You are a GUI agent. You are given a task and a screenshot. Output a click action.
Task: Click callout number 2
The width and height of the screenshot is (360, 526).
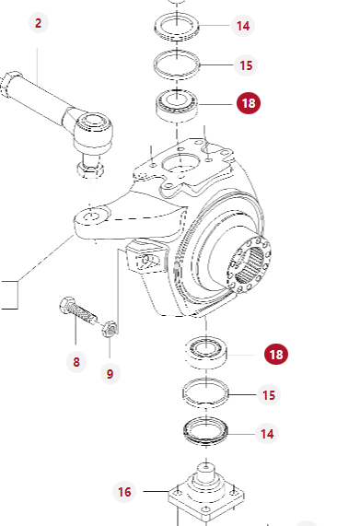coord(39,23)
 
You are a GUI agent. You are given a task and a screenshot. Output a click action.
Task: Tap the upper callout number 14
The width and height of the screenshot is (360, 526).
coord(243,26)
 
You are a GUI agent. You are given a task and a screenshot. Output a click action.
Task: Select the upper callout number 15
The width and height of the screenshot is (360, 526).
coord(246,65)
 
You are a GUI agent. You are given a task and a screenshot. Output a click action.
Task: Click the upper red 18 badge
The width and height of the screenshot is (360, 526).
coord(249,103)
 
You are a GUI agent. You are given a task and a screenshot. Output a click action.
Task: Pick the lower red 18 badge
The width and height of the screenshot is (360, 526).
coord(276,355)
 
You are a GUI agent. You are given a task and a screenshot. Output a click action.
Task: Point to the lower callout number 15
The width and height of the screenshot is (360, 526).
coord(269,395)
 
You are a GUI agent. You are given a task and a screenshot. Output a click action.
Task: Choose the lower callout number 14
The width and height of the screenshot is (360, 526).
coord(267,434)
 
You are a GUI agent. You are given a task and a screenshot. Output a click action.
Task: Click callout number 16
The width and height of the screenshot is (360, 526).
coord(124,492)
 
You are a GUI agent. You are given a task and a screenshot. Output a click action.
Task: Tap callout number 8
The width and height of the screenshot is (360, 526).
coord(76,362)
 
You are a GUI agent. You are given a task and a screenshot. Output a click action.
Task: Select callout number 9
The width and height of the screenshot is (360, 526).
coord(110,374)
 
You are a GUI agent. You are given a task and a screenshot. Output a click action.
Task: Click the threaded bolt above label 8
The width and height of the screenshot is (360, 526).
coord(77,310)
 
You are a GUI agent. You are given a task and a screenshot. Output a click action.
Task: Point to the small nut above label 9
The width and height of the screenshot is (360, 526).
coord(110,329)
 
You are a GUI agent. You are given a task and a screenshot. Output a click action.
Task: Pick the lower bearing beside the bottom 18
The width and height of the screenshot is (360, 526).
coord(206,352)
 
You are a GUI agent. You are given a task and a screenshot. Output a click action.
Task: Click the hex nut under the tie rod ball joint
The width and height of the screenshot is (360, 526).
coord(90,170)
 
